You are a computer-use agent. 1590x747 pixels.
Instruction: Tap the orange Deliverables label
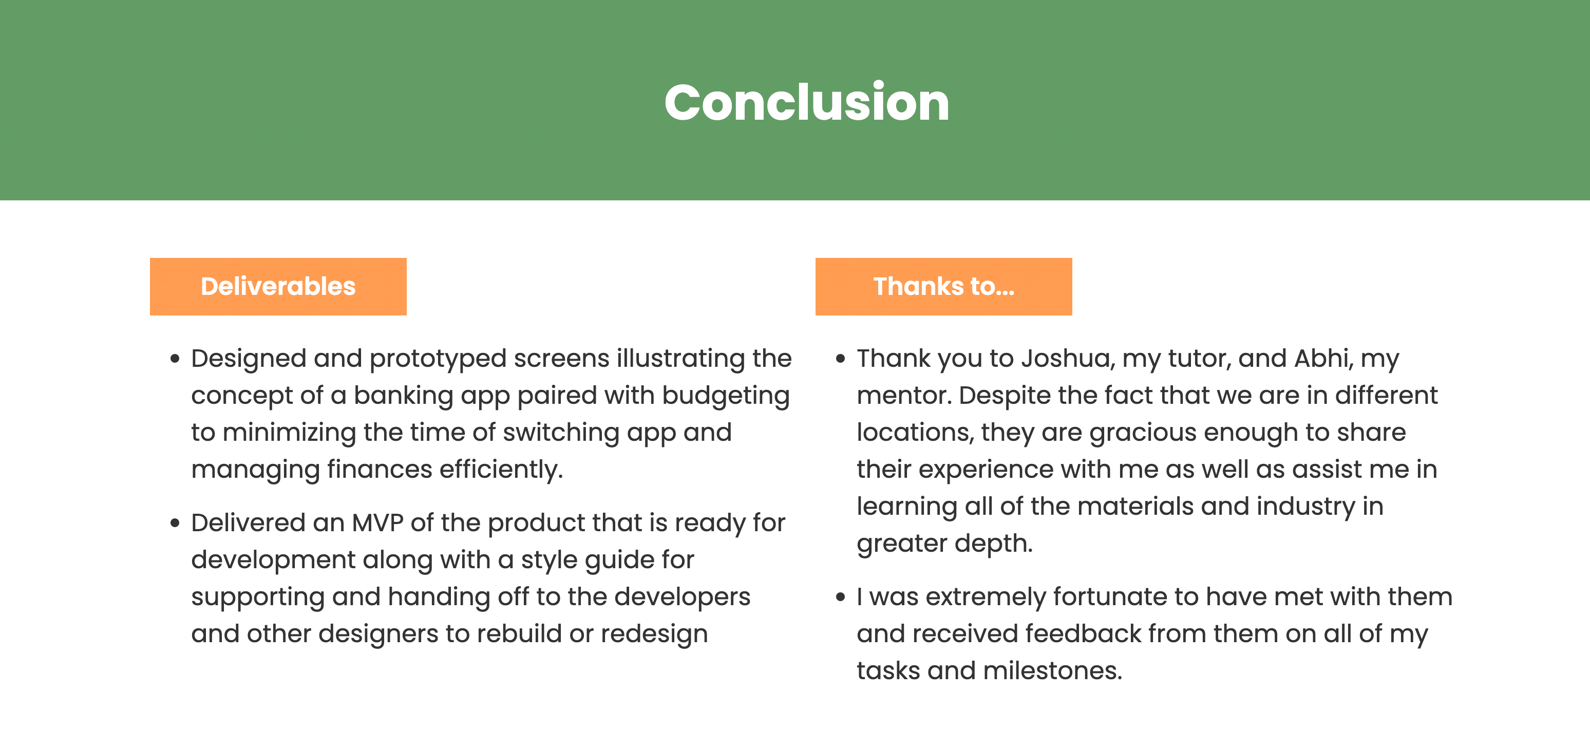[278, 287]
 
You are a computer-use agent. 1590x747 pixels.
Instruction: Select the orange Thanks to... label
[944, 287]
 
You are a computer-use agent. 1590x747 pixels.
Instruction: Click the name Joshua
[1068, 359]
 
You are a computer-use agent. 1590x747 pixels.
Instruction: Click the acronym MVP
[378, 523]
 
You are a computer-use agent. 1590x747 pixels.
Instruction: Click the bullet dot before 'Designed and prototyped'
[175, 359]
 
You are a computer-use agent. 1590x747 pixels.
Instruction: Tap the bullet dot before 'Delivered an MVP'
[175, 524]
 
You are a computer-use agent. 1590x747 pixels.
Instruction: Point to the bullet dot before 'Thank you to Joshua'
[840, 359]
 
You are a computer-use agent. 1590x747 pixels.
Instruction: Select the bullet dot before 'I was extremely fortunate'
[840, 597]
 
